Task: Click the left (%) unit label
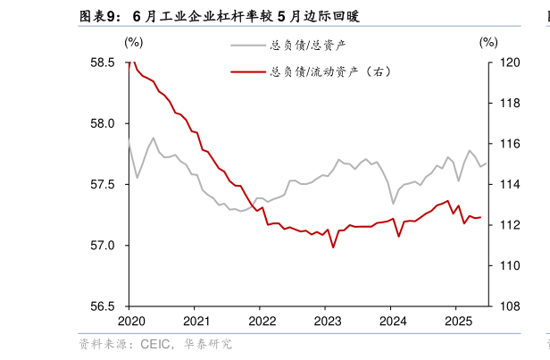click(133, 41)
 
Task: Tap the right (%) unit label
click(487, 41)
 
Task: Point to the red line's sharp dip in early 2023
click(333, 247)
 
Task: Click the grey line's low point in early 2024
click(393, 203)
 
